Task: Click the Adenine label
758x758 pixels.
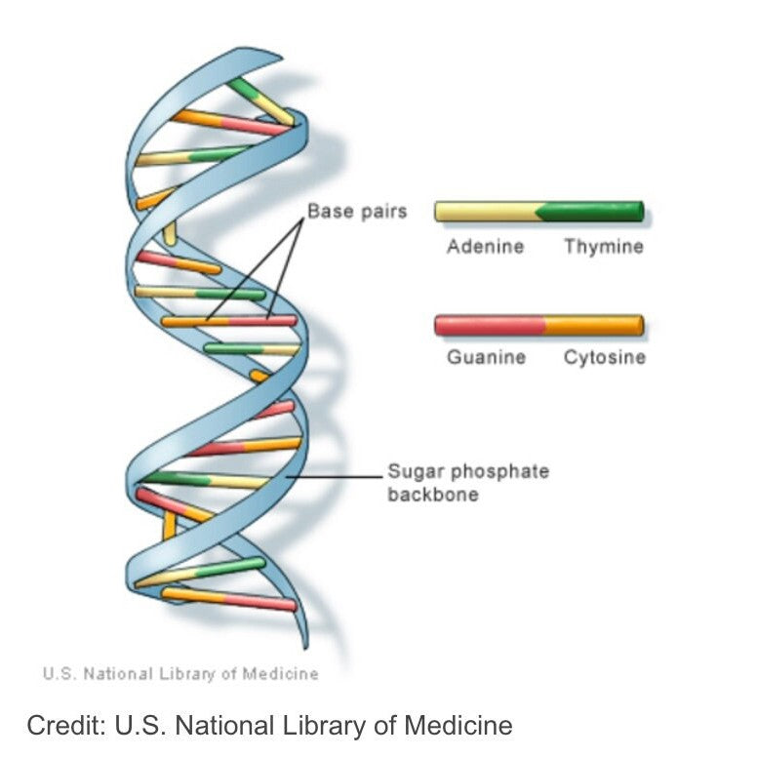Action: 485,247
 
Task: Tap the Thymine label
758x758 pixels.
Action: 603,247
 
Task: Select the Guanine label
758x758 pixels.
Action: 486,357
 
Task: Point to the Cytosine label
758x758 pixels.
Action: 604,357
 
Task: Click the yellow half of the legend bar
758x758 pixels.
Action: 486,212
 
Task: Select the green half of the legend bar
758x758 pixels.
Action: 592,212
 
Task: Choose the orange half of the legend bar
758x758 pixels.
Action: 593,325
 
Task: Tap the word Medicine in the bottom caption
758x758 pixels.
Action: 461,726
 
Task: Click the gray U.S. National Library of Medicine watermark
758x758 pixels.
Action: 180,673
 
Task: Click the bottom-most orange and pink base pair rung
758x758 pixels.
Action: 229,599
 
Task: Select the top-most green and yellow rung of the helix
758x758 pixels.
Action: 261,101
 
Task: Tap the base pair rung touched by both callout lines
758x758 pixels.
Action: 230,320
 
